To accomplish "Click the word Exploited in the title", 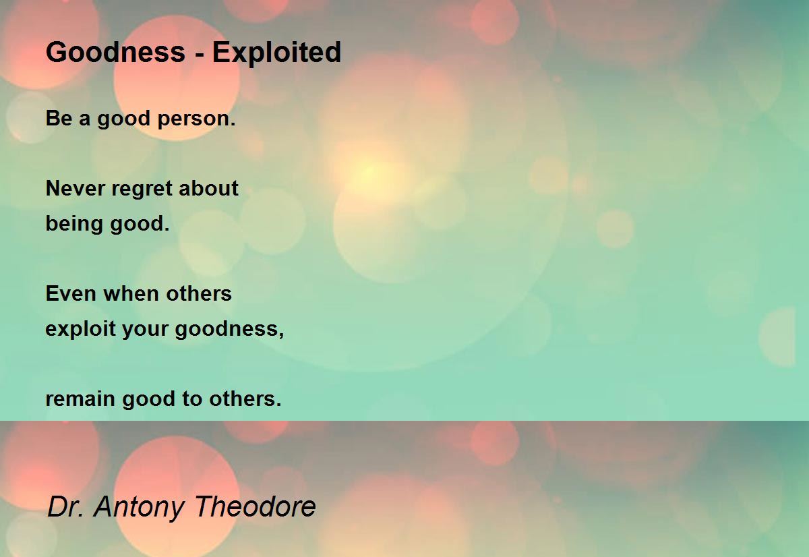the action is (x=276, y=53).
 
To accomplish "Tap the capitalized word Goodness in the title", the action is (x=115, y=52).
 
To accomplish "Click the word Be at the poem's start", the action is (x=59, y=118).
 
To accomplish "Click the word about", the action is (x=208, y=188).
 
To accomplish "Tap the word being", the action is (x=74, y=225).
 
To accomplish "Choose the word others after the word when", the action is (x=199, y=293).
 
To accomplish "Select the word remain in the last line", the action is (x=80, y=399).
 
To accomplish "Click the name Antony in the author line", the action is (x=139, y=508).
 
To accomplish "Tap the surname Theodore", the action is (x=256, y=506).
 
